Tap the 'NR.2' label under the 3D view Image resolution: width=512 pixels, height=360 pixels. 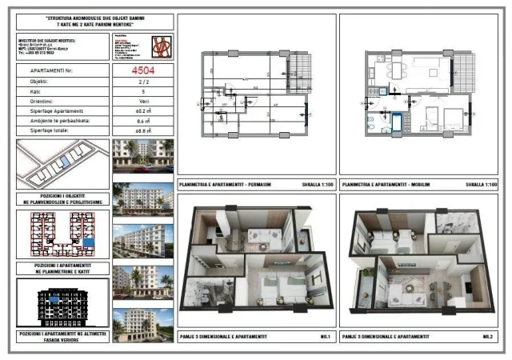pos(487,338)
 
